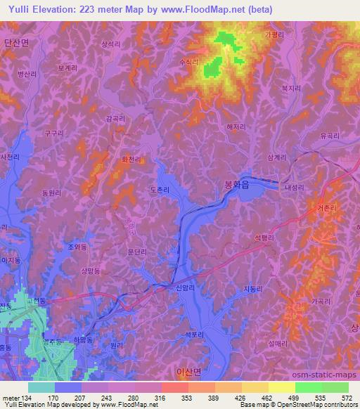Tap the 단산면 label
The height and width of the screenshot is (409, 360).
coord(15,43)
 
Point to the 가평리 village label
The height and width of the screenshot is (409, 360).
coord(274,34)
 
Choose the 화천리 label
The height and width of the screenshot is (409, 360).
coord(131,160)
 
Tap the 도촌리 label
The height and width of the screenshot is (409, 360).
coord(160,189)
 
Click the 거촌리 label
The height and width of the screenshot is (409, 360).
coord(328,207)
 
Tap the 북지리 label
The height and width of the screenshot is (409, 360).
coord(290,88)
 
